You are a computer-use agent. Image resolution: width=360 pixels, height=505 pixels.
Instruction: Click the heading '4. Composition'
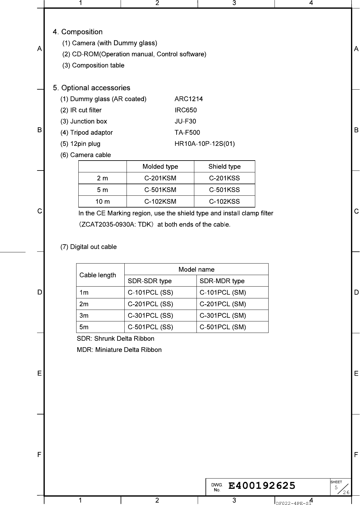[x=78, y=32]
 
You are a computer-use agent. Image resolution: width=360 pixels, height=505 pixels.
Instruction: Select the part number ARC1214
[x=189, y=99]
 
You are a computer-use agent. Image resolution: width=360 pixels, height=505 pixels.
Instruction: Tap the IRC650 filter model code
[x=186, y=110]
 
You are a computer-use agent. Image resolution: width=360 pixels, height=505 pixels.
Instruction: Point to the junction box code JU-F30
[x=185, y=121]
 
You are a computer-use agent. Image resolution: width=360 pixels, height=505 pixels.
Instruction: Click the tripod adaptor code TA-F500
[x=187, y=133]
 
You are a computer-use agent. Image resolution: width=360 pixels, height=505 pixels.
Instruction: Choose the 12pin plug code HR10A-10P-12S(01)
[x=205, y=144]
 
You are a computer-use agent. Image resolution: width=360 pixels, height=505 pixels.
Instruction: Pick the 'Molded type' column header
[x=160, y=166]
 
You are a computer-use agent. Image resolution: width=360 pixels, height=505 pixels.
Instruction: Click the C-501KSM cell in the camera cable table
[x=160, y=190]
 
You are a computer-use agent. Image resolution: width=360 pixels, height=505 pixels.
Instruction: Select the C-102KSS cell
[x=224, y=201]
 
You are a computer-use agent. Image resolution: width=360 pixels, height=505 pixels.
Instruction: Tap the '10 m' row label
[x=103, y=201]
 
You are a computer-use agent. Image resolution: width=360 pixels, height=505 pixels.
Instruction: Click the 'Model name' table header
[x=196, y=269]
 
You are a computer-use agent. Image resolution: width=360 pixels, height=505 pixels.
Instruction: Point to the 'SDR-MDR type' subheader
[x=222, y=281]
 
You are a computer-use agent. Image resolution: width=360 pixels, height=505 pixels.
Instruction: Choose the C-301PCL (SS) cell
[x=150, y=316]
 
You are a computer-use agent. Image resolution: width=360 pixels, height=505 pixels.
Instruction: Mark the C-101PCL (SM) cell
[x=223, y=292]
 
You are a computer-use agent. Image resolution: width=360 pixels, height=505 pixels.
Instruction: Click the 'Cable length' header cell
[x=98, y=275]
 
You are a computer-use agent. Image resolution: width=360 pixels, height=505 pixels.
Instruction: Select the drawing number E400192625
[x=262, y=485]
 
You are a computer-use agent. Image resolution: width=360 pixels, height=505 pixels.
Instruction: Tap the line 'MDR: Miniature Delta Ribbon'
[x=119, y=350]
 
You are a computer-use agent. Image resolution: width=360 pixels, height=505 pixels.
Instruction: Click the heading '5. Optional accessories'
[x=92, y=88]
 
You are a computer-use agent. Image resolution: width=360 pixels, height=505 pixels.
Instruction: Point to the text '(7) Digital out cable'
[x=89, y=247]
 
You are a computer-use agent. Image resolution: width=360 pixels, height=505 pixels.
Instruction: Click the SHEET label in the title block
[x=336, y=482]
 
